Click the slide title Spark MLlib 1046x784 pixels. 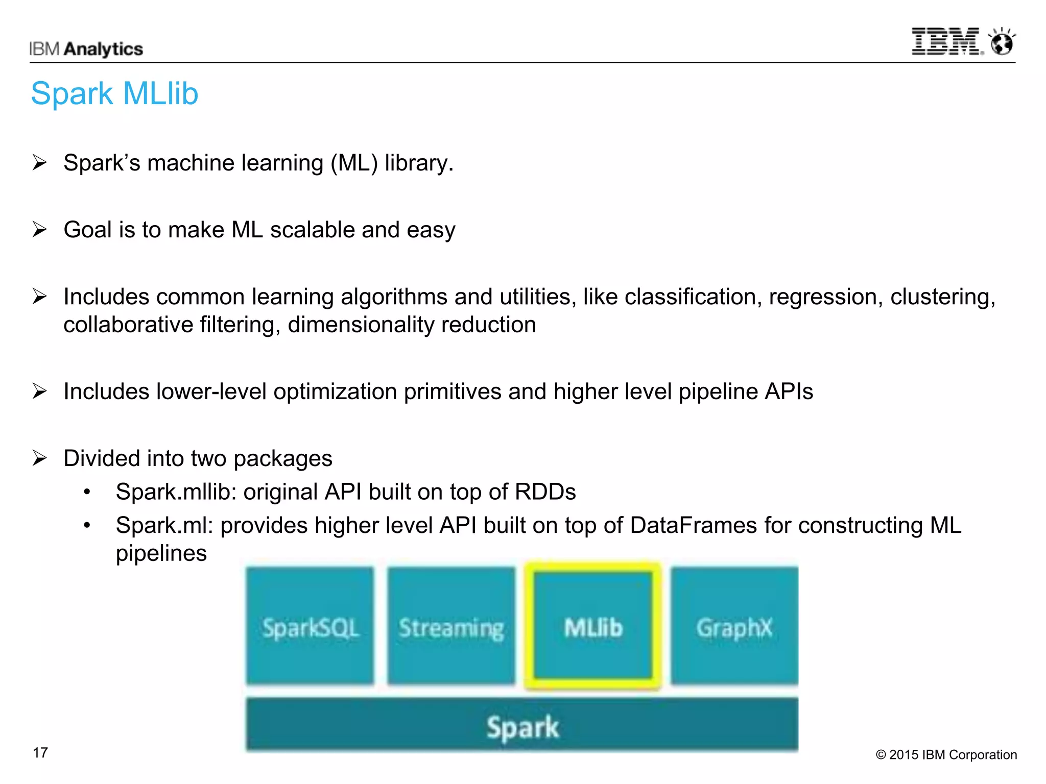click(114, 94)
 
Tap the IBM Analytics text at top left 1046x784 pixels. click(86, 49)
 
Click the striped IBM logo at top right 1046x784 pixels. click(946, 41)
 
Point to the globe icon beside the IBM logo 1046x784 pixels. click(1002, 42)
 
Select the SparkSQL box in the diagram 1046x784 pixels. click(310, 626)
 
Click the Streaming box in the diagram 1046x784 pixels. click(451, 626)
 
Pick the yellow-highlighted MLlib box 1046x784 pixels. click(593, 626)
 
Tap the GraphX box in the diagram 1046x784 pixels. click(734, 626)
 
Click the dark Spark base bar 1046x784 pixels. click(522, 725)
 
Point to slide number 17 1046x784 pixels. click(40, 752)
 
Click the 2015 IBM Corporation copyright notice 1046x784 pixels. click(946, 754)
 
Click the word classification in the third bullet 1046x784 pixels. click(689, 297)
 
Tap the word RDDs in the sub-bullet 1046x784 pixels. click(545, 492)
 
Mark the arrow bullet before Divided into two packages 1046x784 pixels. click(39, 458)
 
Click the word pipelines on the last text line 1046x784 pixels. click(161, 553)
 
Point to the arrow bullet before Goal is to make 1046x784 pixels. click(39, 229)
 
